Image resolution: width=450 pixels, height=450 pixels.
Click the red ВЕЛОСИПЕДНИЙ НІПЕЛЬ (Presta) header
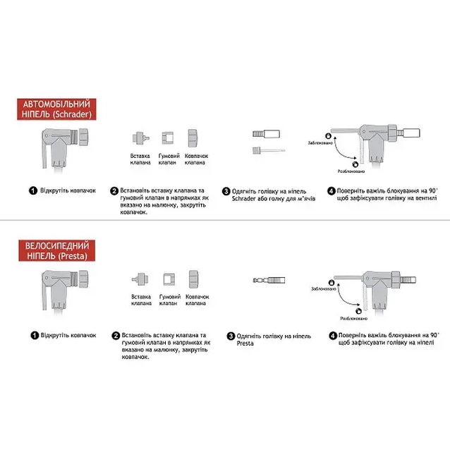(x=56, y=250)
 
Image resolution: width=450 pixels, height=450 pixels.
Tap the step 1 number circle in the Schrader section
(x=32, y=190)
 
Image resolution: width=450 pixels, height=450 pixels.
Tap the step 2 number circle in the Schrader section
(x=114, y=190)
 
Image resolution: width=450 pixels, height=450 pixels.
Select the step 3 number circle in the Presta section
(x=231, y=336)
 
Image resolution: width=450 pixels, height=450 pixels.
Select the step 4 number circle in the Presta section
(x=332, y=336)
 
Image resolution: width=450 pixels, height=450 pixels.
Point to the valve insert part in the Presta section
(x=140, y=279)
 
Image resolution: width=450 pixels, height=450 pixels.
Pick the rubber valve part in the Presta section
(x=169, y=279)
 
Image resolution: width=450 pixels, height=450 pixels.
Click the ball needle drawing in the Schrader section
(x=267, y=150)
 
